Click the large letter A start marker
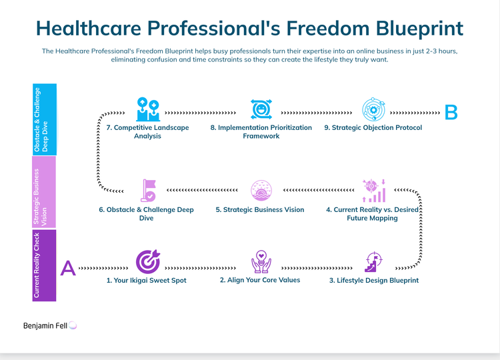click(x=68, y=267)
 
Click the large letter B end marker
click(x=451, y=112)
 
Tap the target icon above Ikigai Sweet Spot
click(x=147, y=262)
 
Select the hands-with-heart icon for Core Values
click(x=260, y=262)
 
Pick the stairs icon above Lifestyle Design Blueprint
click(x=373, y=262)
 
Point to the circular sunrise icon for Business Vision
click(x=261, y=191)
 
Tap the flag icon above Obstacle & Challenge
click(x=147, y=190)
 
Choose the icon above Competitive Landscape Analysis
click(x=147, y=109)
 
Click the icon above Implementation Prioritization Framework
click(x=261, y=109)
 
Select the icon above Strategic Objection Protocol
click(x=373, y=109)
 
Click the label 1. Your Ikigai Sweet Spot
click(x=147, y=281)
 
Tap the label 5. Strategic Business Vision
click(x=260, y=209)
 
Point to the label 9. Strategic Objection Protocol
click(x=373, y=127)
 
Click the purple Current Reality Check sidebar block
click(x=45, y=265)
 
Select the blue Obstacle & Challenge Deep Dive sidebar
click(x=45, y=119)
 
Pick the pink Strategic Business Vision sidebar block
click(x=45, y=192)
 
